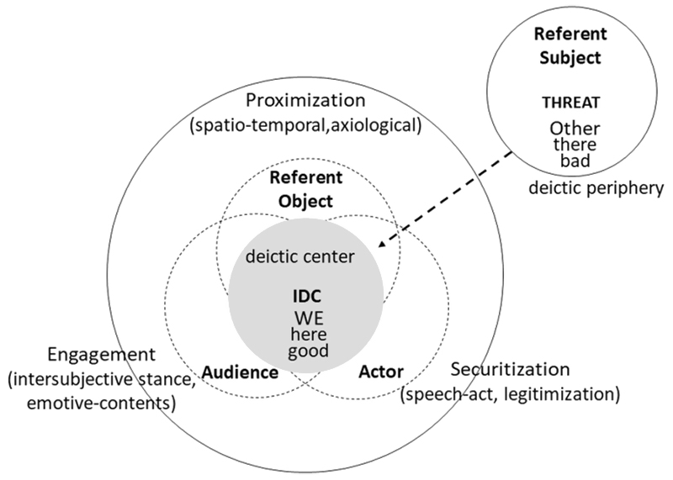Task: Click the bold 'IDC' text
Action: pyautogui.click(x=306, y=298)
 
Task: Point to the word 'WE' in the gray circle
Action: pyautogui.click(x=306, y=319)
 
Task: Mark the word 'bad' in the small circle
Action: pyautogui.click(x=573, y=161)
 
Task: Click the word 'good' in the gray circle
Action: pyautogui.click(x=306, y=351)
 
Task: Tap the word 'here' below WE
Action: pyautogui.click(x=306, y=335)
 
